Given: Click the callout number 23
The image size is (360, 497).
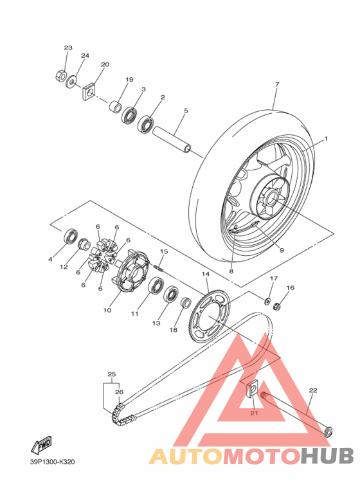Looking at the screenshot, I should pos(68,48).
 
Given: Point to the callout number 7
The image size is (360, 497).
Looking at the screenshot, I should pos(276,84).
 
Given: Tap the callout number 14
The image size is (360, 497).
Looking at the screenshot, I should pos(206,275).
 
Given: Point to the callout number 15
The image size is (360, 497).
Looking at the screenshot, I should pos(164,251).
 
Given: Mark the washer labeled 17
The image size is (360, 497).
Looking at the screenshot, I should pos(266,300).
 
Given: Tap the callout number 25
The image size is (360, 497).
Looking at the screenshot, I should pos(111,374).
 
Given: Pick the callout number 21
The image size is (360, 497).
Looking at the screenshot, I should pos(253,413).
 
